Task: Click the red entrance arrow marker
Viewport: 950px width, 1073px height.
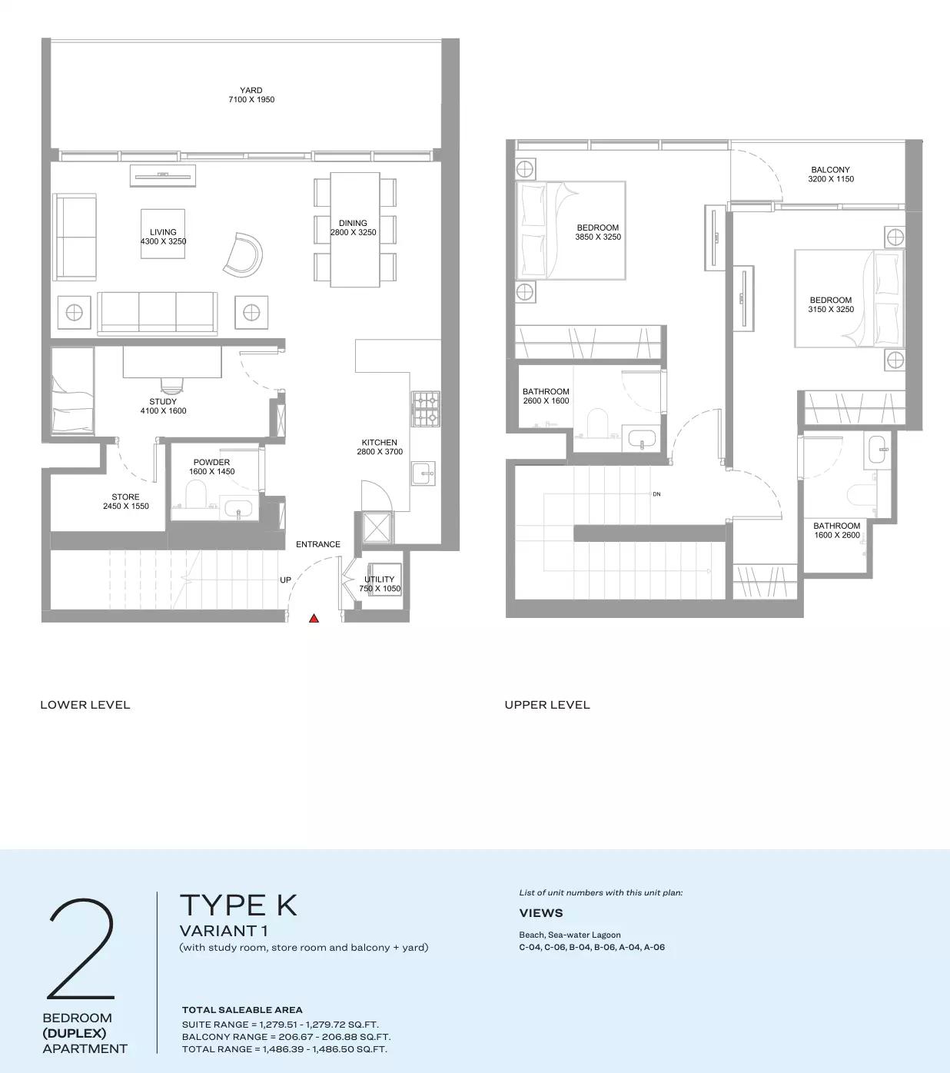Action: tap(314, 617)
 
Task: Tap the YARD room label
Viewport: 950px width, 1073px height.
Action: tap(251, 95)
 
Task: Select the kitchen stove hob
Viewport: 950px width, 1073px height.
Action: tap(426, 409)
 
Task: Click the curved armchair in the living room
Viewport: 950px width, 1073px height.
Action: tap(244, 254)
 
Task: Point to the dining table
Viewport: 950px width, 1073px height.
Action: tap(354, 229)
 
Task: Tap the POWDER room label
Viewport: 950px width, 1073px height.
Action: tap(211, 467)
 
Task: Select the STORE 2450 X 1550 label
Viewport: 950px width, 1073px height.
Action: tap(126, 502)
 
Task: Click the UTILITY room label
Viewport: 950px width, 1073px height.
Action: tap(380, 584)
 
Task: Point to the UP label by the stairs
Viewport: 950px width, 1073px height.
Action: tap(285, 580)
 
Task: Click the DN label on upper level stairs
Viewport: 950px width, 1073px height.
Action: tap(656, 494)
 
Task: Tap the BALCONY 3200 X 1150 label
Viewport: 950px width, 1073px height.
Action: tap(831, 174)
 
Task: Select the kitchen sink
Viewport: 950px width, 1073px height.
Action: tap(423, 473)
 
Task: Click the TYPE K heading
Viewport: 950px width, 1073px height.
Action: tap(238, 905)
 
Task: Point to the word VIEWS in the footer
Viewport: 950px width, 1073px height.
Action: tap(541, 913)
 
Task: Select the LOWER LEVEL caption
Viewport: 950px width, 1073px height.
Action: tap(85, 705)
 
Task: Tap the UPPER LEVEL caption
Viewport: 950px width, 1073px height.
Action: tap(547, 705)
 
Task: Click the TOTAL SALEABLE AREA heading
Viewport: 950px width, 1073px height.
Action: tap(242, 1010)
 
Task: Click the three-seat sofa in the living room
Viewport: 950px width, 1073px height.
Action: tap(158, 312)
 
